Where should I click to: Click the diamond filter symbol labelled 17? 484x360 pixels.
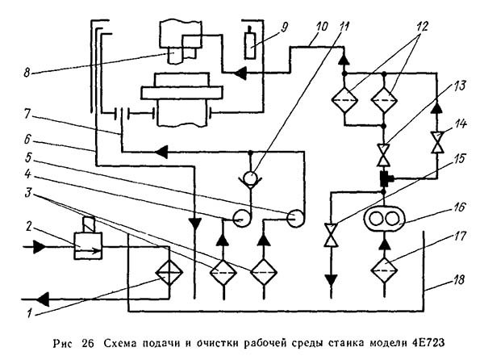tap(384, 263)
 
